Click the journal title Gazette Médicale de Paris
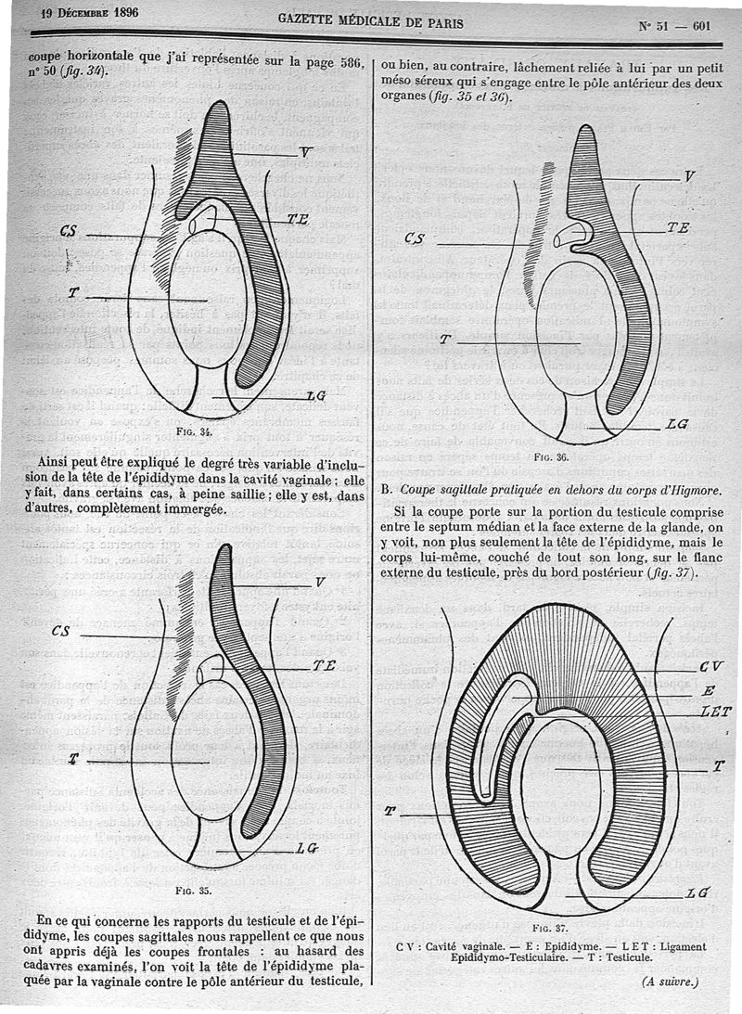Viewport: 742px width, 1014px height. (x=371, y=23)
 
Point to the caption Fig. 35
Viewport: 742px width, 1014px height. (x=194, y=890)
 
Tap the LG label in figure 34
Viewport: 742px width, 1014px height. (x=315, y=396)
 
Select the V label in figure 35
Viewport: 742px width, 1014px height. (x=320, y=583)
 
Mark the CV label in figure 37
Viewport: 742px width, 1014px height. (x=711, y=666)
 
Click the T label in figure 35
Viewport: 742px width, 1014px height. (x=72, y=759)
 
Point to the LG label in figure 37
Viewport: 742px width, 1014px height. (x=697, y=892)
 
